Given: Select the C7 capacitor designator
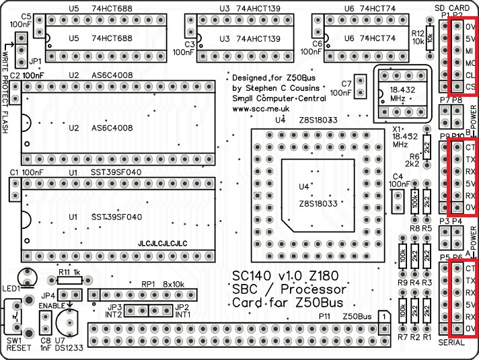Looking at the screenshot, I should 347,83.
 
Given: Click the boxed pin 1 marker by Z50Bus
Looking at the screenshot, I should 382,316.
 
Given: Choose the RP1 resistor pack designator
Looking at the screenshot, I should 149,285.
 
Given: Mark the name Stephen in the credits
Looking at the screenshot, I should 267,88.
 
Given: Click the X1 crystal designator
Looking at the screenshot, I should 397,127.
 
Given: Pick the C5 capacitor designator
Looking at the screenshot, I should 27,16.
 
